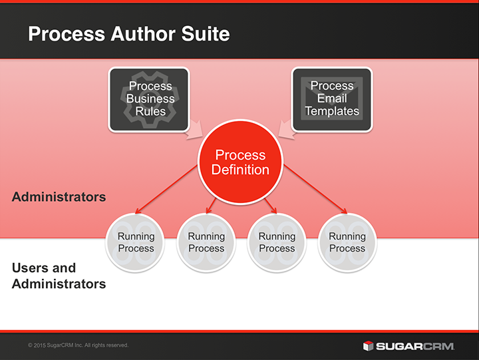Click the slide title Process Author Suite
click(128, 33)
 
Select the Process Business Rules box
click(150, 98)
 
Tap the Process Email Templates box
click(332, 98)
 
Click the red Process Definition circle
click(240, 162)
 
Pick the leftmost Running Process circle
click(136, 242)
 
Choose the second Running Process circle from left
click(206, 242)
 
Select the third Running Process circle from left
click(277, 242)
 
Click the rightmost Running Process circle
click(347, 242)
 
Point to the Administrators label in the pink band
click(59, 197)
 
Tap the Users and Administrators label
click(59, 276)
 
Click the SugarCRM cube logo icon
click(368, 345)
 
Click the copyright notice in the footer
click(79, 345)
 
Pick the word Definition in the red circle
click(240, 170)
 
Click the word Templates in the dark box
click(332, 110)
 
